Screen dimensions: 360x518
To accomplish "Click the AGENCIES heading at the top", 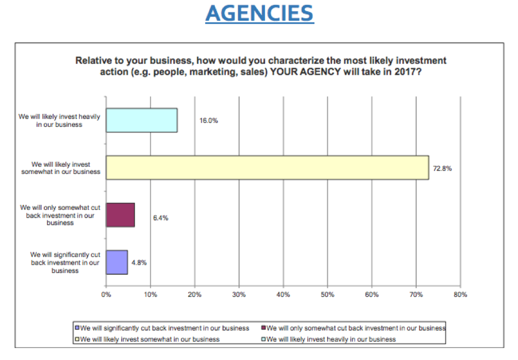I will coord(259,13).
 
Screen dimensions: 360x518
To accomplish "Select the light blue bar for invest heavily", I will coord(142,120).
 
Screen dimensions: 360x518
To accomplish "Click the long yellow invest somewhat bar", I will coord(267,167).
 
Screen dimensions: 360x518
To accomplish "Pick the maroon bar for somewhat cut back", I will coord(120,215).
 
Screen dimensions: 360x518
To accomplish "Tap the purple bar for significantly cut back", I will coord(117,262).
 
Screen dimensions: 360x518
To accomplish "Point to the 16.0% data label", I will coord(209,120).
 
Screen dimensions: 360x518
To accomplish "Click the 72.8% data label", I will coord(443,169).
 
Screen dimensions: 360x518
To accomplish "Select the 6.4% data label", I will coord(160,218).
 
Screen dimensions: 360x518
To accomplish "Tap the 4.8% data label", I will coord(139,263).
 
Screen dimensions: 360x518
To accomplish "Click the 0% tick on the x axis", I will coord(106,295).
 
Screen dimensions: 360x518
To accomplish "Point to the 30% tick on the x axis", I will coord(239,295).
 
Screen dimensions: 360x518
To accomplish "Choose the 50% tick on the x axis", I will coord(327,295).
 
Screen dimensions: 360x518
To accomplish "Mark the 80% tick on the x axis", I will coord(460,295).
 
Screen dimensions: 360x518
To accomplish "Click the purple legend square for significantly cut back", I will coord(77,328).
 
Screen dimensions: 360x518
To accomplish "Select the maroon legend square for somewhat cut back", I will coord(263,328).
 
